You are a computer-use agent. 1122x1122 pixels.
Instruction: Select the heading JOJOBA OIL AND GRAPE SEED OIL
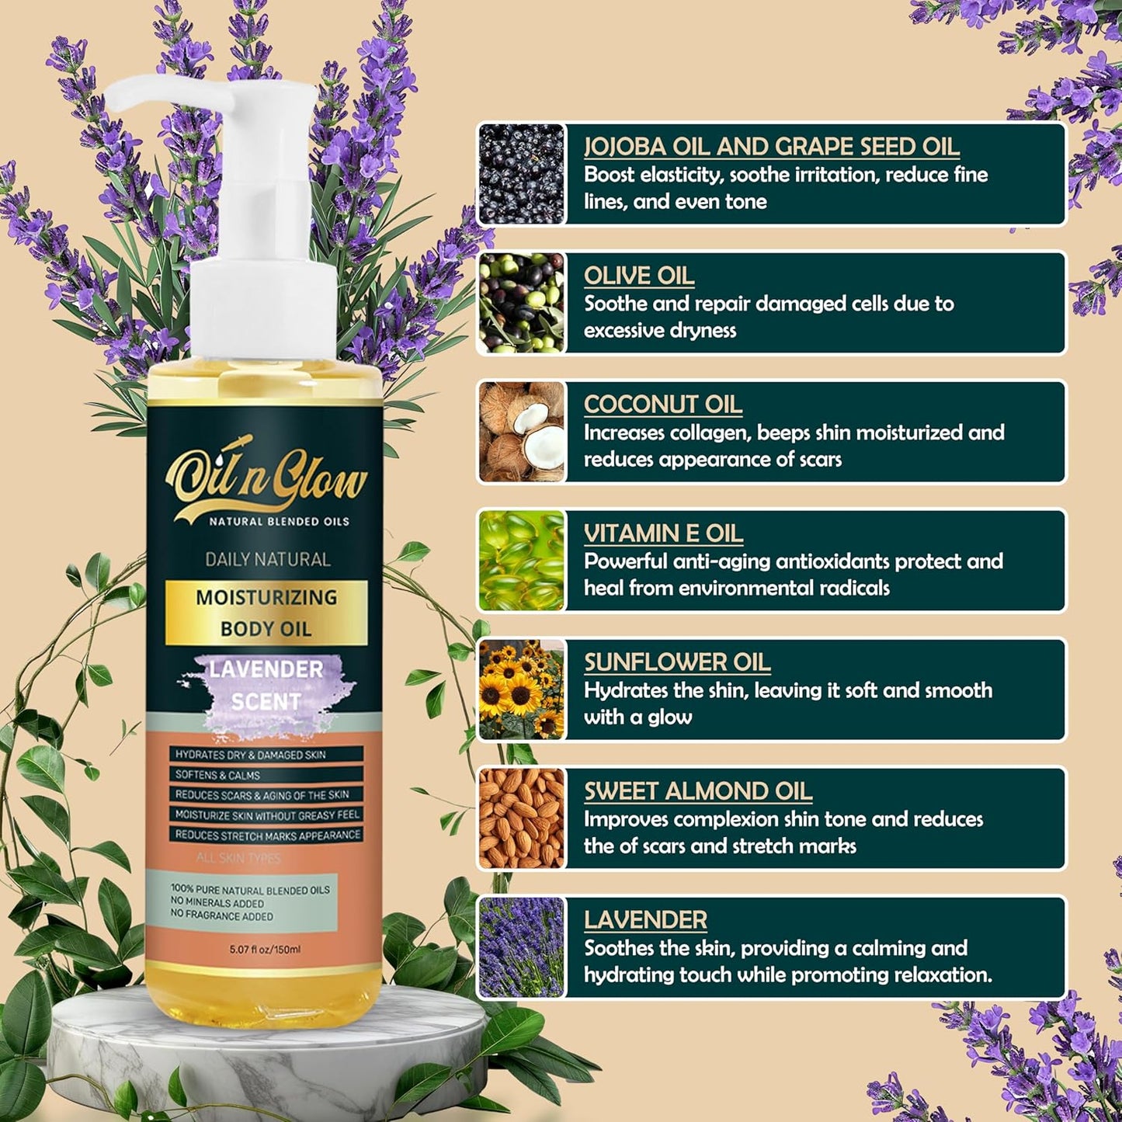coord(771,147)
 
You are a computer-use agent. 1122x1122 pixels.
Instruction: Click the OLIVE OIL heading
coord(639,276)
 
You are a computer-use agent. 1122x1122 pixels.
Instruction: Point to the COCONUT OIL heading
coord(662,405)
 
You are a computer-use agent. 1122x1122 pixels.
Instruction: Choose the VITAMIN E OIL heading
coord(663,533)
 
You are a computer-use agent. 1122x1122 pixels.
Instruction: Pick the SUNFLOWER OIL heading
coord(677,662)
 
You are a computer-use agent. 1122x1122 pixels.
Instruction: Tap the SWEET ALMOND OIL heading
coord(697,791)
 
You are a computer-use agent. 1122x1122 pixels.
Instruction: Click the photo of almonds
coord(522,818)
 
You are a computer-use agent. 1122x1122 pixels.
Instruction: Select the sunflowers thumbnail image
coord(522,690)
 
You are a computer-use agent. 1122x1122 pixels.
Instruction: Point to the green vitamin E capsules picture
coord(522,561)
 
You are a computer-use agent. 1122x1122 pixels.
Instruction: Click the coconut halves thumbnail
coord(522,432)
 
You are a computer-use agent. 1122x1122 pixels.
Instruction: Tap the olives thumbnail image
coord(522,303)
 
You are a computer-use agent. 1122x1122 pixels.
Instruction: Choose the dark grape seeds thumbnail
coord(522,174)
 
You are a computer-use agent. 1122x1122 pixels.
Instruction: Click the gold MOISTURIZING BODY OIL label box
coord(266,613)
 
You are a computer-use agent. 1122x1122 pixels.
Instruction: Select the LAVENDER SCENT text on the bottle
coord(266,686)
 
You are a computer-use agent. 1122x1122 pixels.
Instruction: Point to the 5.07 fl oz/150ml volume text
coord(265,949)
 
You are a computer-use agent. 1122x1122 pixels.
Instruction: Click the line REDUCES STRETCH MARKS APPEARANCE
coord(267,835)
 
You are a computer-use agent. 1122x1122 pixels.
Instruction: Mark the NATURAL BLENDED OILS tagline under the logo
coord(279,522)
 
